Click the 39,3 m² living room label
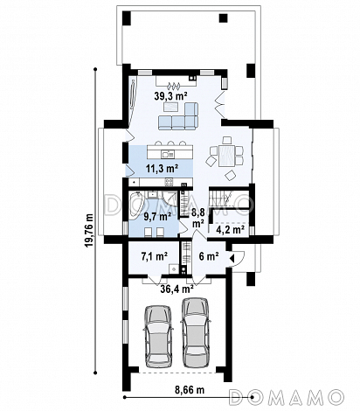click(170, 96)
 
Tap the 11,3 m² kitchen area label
click(162, 168)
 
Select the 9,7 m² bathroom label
click(157, 216)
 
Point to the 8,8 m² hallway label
click(197, 218)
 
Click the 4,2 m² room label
click(230, 230)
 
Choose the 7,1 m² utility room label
click(154, 256)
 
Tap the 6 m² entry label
click(209, 256)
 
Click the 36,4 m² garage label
click(177, 289)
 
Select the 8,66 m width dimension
click(190, 390)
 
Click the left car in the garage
click(157, 336)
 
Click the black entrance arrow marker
click(232, 258)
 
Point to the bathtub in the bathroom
click(135, 205)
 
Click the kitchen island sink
click(168, 154)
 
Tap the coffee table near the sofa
click(172, 108)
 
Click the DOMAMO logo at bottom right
click(286, 397)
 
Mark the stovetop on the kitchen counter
click(169, 182)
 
